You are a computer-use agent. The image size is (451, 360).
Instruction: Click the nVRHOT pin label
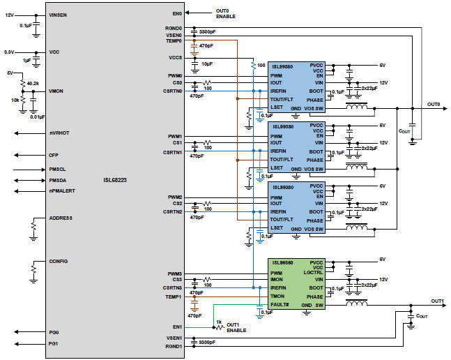pos(60,133)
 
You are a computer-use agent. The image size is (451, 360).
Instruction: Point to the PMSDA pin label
pos(59,179)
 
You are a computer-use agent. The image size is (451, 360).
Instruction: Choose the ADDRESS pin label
pos(61,218)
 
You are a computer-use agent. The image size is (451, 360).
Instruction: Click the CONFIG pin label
pos(59,261)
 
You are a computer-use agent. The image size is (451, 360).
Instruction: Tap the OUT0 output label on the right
pos(434,104)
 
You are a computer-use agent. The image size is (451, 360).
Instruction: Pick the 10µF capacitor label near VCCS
pos(207,63)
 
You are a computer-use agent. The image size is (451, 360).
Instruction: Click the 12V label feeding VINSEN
pos(9,15)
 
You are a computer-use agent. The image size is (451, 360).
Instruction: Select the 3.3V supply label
pos(10,52)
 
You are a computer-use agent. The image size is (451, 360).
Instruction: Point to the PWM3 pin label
pos(174,273)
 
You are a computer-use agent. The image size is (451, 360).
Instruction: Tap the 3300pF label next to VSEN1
pos(207,342)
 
